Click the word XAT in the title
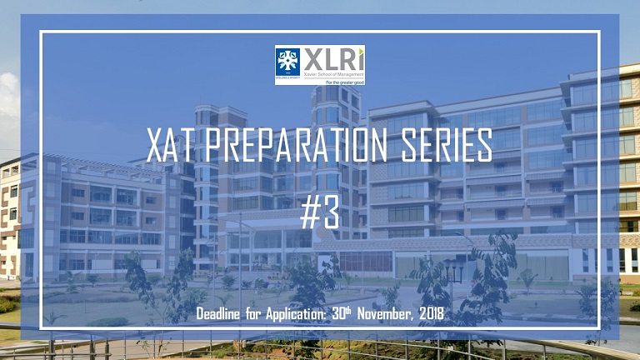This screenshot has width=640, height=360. coord(171,147)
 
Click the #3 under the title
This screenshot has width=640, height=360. coord(319,212)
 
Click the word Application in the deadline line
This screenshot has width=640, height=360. coord(316,314)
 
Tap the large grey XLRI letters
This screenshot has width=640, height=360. coord(337,58)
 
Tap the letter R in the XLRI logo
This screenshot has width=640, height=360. coord(346,59)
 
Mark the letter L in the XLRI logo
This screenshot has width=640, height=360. coord(332,59)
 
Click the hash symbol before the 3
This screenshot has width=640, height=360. coord(309,212)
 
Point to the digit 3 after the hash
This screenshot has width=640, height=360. coord(331,212)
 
